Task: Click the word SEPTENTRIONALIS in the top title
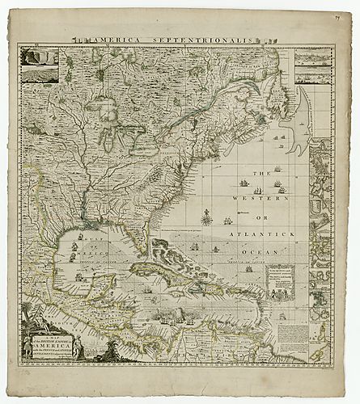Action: point(214,38)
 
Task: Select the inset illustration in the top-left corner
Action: point(39,64)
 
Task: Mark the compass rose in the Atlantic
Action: point(208,217)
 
